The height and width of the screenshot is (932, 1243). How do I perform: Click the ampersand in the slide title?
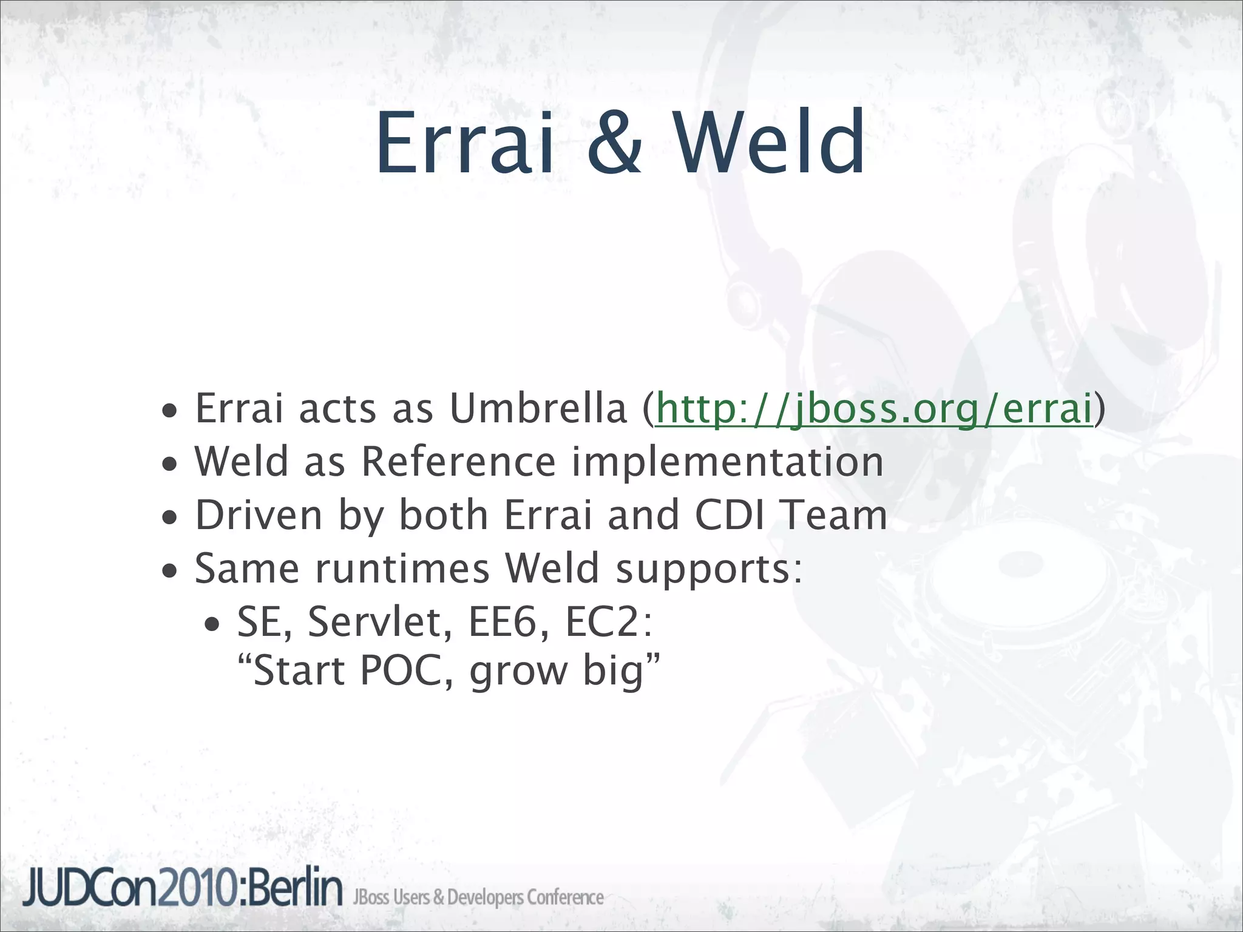tap(614, 143)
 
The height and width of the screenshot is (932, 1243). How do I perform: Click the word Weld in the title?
tap(770, 143)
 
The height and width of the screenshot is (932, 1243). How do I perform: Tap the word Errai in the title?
tap(464, 143)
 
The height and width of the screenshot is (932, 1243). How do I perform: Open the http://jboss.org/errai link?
tap(874, 408)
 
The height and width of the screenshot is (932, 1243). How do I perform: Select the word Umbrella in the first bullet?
tap(538, 408)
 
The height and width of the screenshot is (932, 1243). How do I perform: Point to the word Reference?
tap(458, 462)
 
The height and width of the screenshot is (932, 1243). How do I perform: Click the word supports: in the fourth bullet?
tap(709, 569)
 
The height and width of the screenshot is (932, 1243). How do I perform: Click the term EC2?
tap(608, 623)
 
